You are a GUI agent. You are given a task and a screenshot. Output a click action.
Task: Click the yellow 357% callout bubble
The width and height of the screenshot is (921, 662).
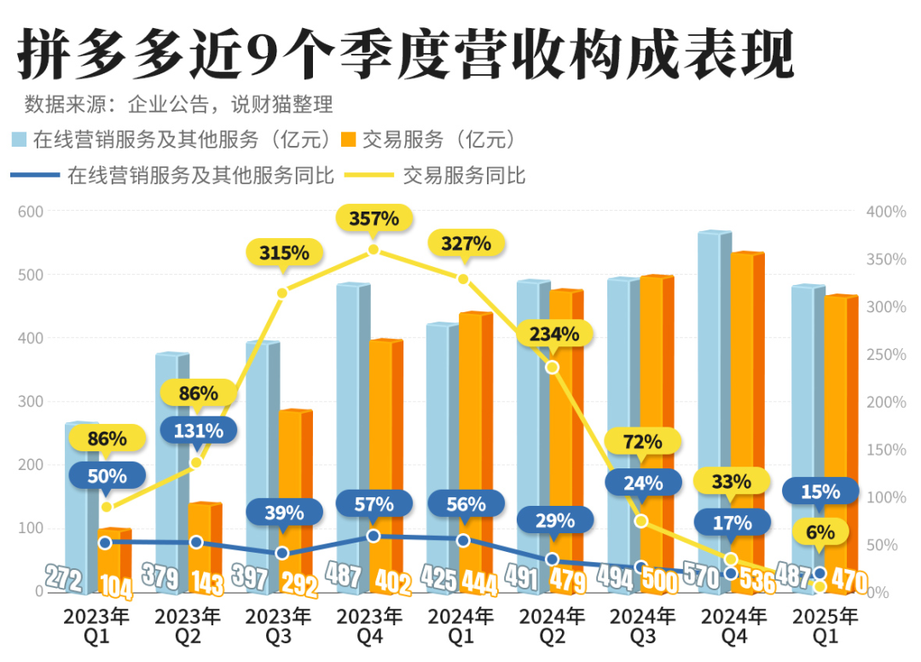tap(374, 218)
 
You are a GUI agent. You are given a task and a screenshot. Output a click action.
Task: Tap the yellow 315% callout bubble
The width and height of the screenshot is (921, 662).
tap(284, 253)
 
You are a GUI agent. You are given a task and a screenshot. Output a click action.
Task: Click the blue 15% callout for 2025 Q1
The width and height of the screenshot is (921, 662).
tap(820, 491)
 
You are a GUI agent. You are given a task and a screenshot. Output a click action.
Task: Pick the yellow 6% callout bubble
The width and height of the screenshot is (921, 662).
tap(820, 532)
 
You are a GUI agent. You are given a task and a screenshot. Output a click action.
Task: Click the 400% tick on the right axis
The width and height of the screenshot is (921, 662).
tap(886, 212)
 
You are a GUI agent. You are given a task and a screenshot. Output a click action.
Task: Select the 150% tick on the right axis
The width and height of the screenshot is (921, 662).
tap(886, 450)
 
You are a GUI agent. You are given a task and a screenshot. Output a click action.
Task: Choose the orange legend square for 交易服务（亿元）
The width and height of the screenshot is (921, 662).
tap(350, 140)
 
